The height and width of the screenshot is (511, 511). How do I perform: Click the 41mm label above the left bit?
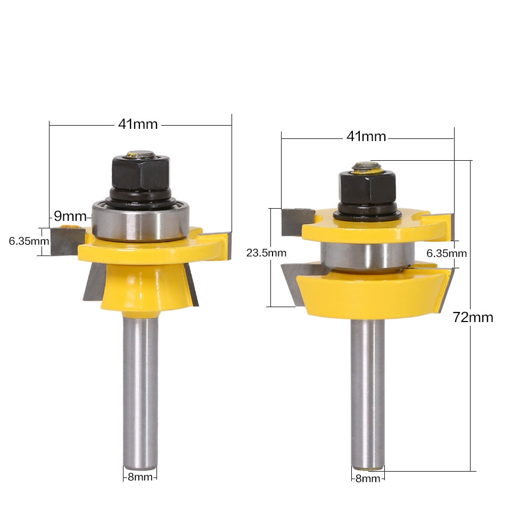tap(138, 124)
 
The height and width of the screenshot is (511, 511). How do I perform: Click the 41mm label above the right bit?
tap(366, 137)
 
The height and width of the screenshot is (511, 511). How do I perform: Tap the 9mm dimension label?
tap(70, 216)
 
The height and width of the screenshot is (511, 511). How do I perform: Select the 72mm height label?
tap(473, 318)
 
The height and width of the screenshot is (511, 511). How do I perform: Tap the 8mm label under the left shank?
tap(140, 477)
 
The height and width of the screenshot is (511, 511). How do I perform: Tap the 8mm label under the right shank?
tap(368, 479)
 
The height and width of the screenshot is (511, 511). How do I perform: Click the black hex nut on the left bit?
tap(141, 172)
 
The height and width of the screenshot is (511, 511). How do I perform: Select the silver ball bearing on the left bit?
tap(139, 220)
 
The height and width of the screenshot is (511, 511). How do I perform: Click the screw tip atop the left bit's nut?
tap(142, 155)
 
